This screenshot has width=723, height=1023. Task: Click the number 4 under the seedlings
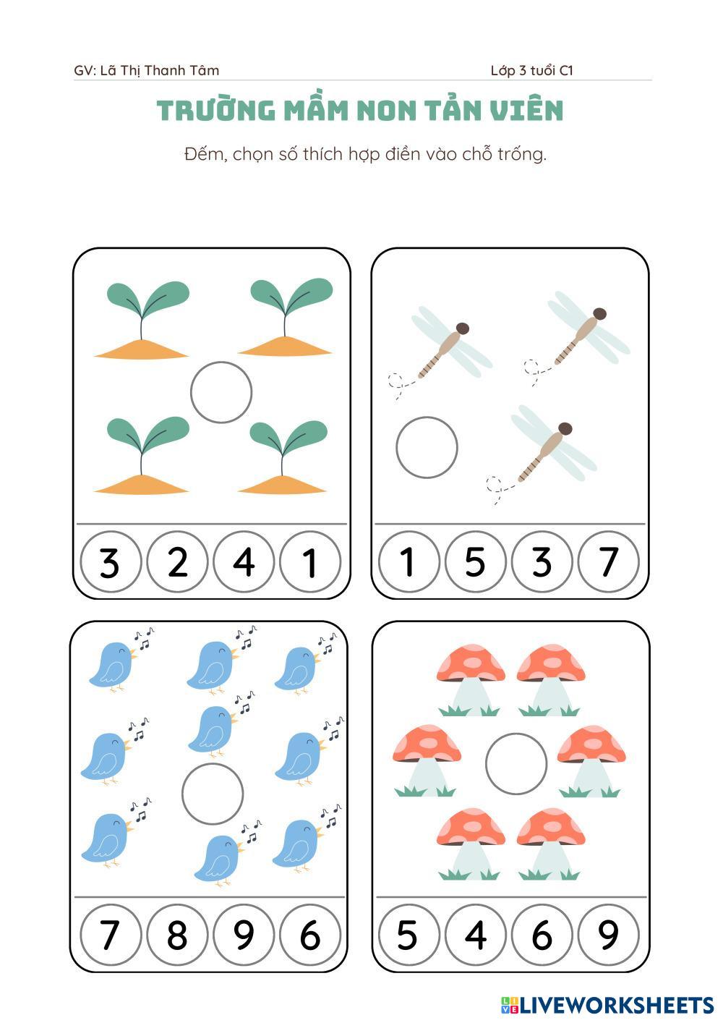pos(244,561)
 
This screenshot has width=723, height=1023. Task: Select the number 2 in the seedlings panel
pos(178,561)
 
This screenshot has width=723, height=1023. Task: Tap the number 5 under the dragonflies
pos(475,561)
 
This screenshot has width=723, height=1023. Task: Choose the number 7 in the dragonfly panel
pos(609,561)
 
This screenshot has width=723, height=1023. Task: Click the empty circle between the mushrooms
pos(515,734)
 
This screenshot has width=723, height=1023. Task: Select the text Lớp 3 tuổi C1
pos(531,70)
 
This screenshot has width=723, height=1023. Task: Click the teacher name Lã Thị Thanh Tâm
pos(160,71)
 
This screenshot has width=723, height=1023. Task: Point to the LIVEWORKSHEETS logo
pos(607,1005)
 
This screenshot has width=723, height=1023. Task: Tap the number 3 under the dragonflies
pos(542,561)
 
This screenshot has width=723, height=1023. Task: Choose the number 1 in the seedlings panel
pos(310,561)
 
